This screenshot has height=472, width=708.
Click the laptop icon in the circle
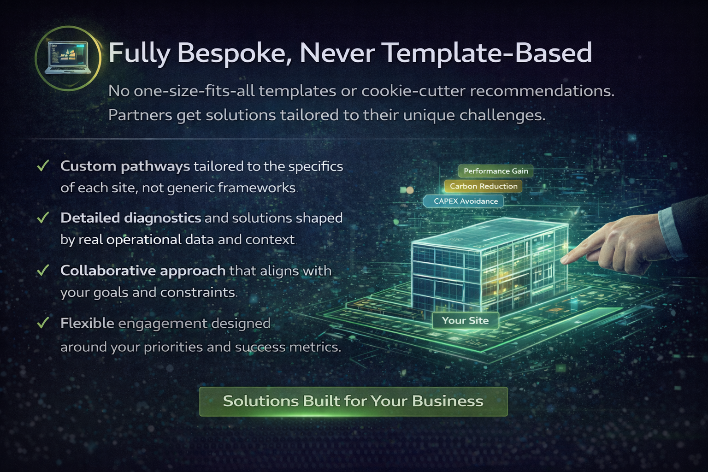coord(68,58)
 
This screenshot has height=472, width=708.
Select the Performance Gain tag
coord(496,171)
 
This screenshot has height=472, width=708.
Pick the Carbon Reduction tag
coord(484,186)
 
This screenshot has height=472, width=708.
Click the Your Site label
coord(465,320)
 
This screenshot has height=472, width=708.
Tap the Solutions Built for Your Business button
coord(353,401)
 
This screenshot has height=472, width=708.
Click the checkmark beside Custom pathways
coord(43,166)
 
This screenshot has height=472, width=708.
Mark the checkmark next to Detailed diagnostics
coord(43,218)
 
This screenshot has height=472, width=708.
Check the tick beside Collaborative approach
coord(43,270)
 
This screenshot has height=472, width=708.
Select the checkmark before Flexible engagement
coord(43,323)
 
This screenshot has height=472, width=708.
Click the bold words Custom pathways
coord(125,166)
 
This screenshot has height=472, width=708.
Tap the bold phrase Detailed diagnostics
coord(130,218)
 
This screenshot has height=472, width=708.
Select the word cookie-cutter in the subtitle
coord(413,91)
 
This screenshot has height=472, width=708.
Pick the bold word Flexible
coord(87,323)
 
